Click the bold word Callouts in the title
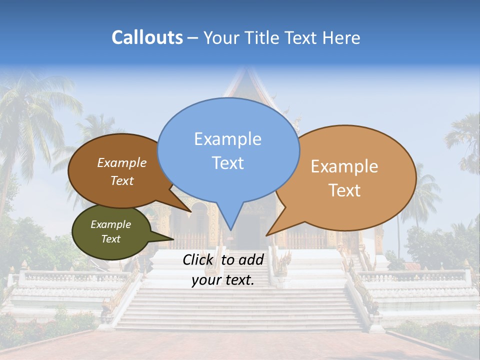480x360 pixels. pyautogui.click(x=147, y=37)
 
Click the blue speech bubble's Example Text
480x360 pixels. pyautogui.click(x=228, y=150)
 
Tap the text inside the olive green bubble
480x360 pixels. pyautogui.click(x=110, y=231)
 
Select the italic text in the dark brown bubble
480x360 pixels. pyautogui.click(x=122, y=171)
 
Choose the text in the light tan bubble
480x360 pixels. pyautogui.click(x=344, y=178)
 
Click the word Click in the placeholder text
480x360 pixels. pyautogui.click(x=198, y=259)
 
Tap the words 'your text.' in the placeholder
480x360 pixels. pyautogui.click(x=223, y=280)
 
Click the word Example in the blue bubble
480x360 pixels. pyautogui.click(x=228, y=139)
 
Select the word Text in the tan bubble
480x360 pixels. pyautogui.click(x=344, y=190)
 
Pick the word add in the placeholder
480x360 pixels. pyautogui.click(x=250, y=259)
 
